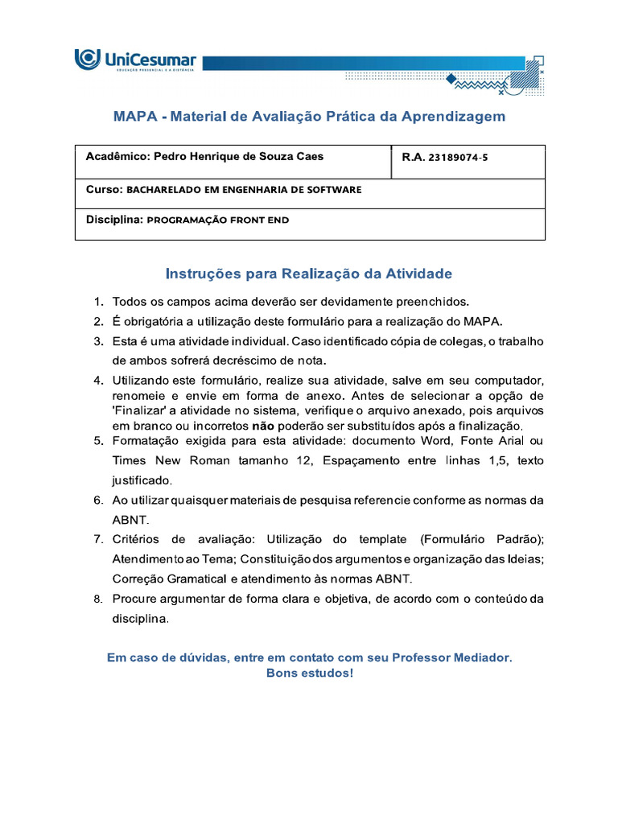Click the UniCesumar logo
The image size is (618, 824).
click(135, 61)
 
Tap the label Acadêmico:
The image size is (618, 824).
click(117, 157)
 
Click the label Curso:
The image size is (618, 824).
click(103, 190)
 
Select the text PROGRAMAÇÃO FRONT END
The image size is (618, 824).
click(218, 220)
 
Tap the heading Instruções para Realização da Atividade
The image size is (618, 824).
click(309, 274)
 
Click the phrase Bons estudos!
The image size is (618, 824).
click(309, 673)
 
